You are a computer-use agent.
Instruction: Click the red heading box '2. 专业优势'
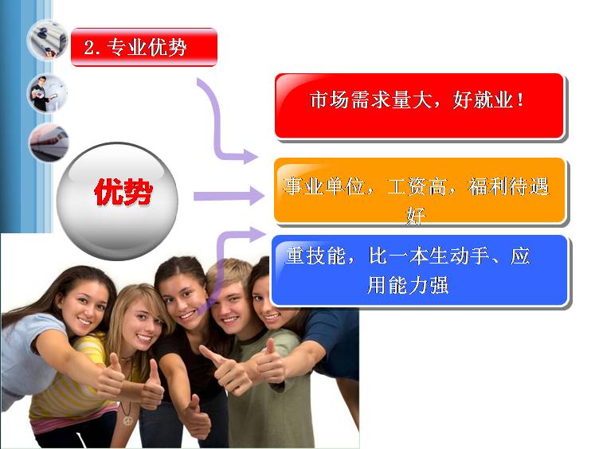point(144,47)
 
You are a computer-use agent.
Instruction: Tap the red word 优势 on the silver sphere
point(123,192)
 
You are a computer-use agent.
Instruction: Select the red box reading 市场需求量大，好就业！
point(420,106)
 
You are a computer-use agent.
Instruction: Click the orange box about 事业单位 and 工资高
point(420,190)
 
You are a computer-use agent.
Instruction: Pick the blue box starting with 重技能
point(420,271)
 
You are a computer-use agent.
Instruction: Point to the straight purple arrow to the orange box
point(229,197)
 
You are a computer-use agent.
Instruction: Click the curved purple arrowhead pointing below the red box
point(251,156)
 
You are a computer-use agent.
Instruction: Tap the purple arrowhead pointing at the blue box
point(256,234)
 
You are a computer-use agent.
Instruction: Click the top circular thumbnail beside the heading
point(47,41)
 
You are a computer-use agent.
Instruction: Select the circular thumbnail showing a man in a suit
point(47,94)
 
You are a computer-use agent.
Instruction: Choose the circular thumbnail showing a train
point(49,143)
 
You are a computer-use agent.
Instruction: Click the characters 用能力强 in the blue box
point(408,285)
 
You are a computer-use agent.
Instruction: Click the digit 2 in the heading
point(89,48)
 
